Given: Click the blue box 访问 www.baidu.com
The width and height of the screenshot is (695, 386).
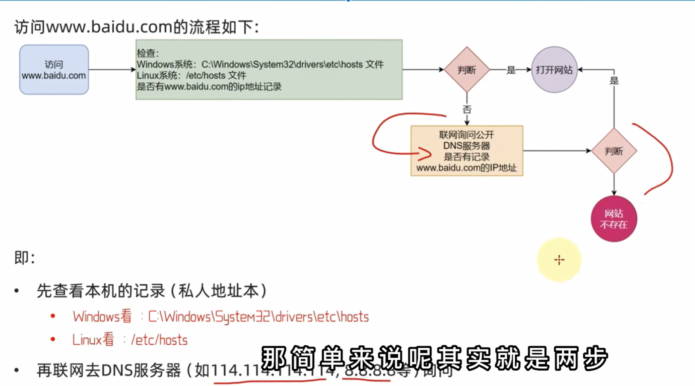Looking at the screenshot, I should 54,70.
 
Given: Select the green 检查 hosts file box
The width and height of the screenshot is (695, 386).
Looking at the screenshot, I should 269,70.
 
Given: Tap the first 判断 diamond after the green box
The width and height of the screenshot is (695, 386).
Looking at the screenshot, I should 466,70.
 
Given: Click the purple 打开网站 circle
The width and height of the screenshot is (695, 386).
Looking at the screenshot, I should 554,70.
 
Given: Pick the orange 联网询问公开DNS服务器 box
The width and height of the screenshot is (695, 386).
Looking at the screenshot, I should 466,151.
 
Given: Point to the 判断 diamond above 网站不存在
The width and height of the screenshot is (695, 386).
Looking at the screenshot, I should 614,151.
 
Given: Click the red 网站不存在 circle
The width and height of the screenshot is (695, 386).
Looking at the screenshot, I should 614,219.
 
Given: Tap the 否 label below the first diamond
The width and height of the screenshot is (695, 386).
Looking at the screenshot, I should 467,109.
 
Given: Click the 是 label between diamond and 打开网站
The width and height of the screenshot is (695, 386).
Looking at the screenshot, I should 511,70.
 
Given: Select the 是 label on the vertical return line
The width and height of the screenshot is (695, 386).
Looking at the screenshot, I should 614,80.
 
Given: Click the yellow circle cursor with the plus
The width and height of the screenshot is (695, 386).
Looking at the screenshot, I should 559,260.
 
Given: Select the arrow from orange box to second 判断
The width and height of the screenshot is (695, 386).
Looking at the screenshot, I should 557,151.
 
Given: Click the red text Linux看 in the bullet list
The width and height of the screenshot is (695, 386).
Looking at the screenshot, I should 93,340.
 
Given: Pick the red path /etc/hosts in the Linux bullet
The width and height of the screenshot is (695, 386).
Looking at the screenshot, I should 159,340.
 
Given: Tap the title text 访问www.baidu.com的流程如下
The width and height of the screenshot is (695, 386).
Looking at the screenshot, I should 137,27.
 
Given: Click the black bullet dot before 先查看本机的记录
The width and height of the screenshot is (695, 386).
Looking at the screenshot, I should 17,291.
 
